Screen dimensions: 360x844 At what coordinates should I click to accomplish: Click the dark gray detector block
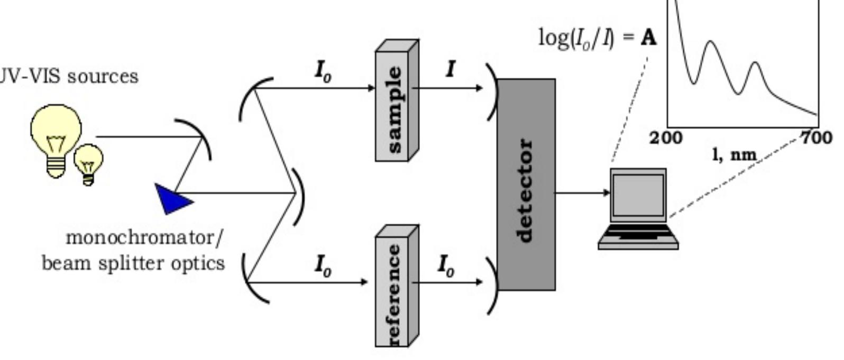[x=526, y=185]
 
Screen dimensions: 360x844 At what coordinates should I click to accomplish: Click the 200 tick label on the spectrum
[x=666, y=138]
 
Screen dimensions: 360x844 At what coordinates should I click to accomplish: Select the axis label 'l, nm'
[x=736, y=155]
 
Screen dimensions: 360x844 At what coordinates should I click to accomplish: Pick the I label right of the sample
[x=451, y=69]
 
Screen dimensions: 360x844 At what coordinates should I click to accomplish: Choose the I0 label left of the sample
[x=323, y=71]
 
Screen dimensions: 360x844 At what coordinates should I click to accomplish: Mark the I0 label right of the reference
[x=446, y=264]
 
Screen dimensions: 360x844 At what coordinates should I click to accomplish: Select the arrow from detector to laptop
[x=582, y=192]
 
